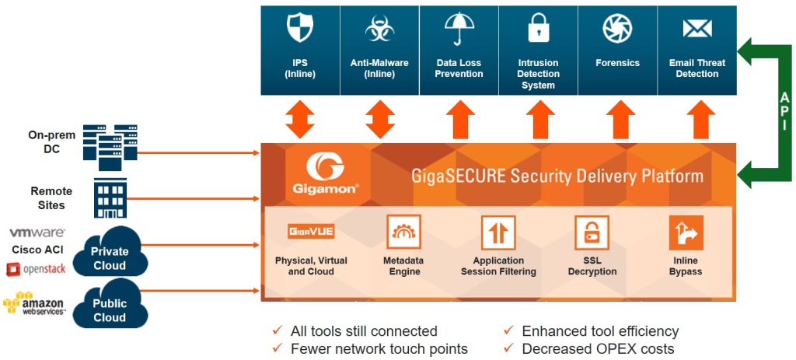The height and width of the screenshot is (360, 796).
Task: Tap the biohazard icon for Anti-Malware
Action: (380, 29)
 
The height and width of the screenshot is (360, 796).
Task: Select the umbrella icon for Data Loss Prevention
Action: (459, 29)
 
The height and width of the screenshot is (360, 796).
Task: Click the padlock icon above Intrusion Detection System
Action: (539, 29)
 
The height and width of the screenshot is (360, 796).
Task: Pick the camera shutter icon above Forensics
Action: (618, 29)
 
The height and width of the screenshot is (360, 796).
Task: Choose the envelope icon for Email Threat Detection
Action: (697, 29)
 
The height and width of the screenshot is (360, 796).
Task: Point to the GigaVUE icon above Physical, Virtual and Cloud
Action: (311, 232)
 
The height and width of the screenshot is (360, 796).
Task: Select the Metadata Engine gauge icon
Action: (403, 232)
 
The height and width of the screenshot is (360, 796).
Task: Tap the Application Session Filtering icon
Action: (498, 232)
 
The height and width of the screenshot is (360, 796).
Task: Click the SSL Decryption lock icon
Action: (592, 232)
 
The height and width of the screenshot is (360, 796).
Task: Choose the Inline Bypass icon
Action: (686, 232)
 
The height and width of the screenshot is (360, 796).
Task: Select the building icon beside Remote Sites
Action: (110, 197)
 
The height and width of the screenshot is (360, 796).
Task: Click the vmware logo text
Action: (37, 232)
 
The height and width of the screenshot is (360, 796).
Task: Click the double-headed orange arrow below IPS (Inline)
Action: (300, 121)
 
